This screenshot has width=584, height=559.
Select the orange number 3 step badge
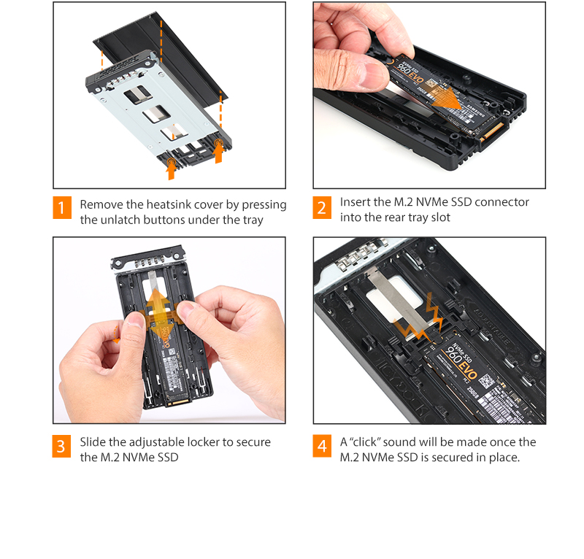tap(62, 447)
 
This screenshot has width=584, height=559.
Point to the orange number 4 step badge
tap(322, 447)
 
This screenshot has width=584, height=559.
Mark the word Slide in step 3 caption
tap(93, 442)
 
